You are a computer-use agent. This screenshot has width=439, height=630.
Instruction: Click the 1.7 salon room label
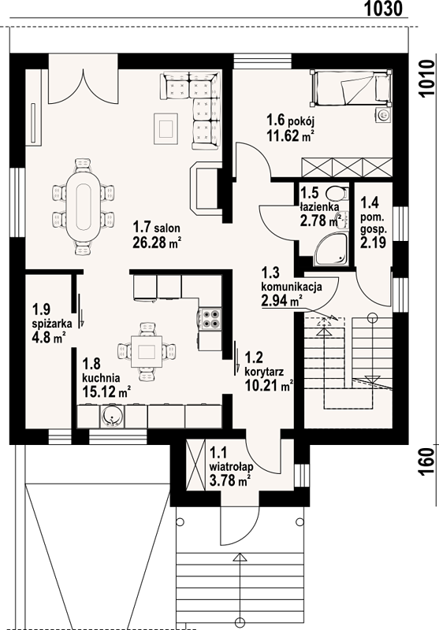157,228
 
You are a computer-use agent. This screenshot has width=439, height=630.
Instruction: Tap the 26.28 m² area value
156,243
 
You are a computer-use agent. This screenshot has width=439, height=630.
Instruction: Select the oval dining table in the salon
84,206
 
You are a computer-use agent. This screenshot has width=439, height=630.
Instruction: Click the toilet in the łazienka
337,194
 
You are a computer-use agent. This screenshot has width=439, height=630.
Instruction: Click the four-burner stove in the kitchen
210,319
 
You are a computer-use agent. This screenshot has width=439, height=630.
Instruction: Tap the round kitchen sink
112,417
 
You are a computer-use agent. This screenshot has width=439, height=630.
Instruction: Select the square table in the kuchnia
147,351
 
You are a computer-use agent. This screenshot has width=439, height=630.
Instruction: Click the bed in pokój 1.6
351,88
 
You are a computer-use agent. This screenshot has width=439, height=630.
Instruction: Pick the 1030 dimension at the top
383,9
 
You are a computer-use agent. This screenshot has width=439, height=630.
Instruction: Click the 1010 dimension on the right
426,79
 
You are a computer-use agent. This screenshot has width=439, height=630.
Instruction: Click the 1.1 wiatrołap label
231,467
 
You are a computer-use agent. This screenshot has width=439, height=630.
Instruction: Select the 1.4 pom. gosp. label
373,222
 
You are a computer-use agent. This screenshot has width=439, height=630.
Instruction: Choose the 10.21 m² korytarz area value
269,386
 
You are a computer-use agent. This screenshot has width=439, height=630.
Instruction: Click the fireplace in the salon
205,188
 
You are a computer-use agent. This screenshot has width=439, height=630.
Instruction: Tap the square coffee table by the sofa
166,129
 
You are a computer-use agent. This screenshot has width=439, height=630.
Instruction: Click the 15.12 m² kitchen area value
106,391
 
